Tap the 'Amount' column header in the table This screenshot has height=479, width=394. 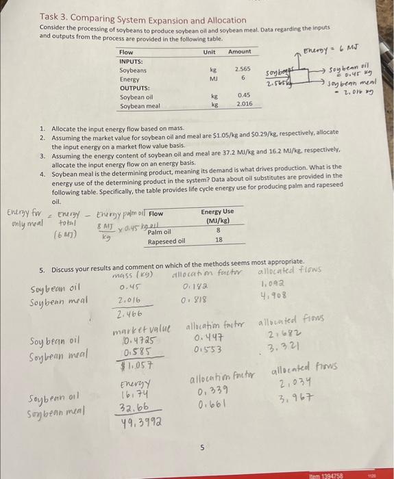[239, 52]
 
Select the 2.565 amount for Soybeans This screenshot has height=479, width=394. [242, 70]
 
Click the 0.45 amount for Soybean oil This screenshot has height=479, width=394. [243, 96]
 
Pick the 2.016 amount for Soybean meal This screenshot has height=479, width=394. [243, 105]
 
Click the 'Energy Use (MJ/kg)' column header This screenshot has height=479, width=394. [217, 216]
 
